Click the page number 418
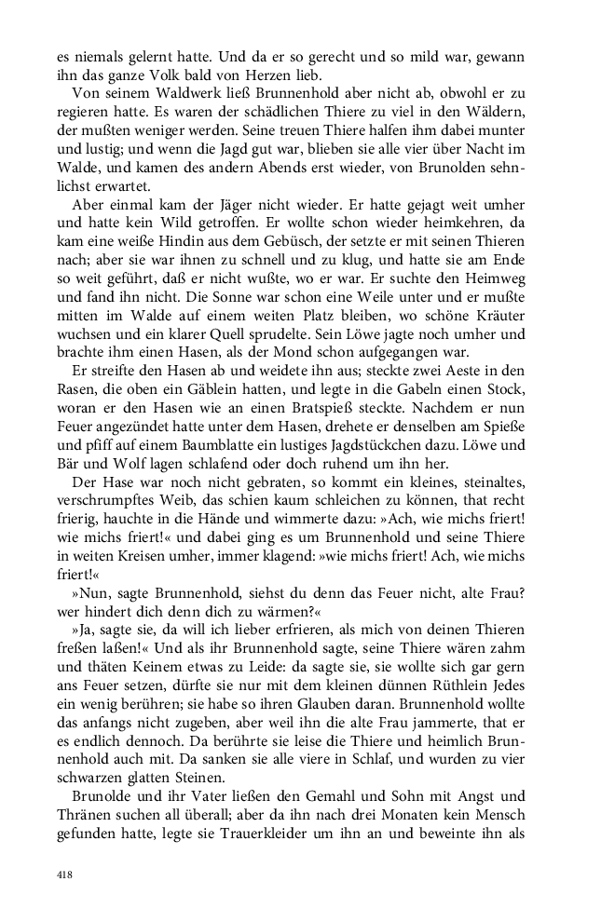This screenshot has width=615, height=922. (x=64, y=874)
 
